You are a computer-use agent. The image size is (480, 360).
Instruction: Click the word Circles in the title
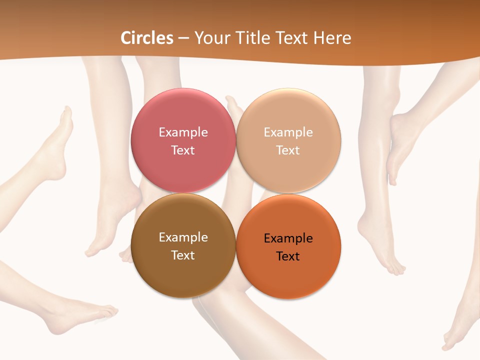pyautogui.click(x=147, y=38)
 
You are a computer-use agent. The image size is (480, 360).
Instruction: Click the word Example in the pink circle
pyautogui.click(x=183, y=132)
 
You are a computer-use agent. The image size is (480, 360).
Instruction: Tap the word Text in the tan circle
pyautogui.click(x=288, y=150)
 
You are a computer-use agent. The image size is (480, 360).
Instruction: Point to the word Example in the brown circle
pyautogui.click(x=183, y=237)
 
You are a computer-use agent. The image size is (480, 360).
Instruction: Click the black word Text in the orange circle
pyautogui.click(x=288, y=256)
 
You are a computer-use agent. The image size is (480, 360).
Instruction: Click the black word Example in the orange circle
pyautogui.click(x=288, y=238)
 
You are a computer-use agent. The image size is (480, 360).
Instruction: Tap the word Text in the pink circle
pyautogui.click(x=183, y=150)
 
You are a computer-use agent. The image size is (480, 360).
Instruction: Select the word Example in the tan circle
pyautogui.click(x=288, y=132)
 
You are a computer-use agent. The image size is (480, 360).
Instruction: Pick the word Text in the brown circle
pyautogui.click(x=183, y=255)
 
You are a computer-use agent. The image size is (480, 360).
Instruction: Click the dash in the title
pyautogui.click(x=183, y=38)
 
